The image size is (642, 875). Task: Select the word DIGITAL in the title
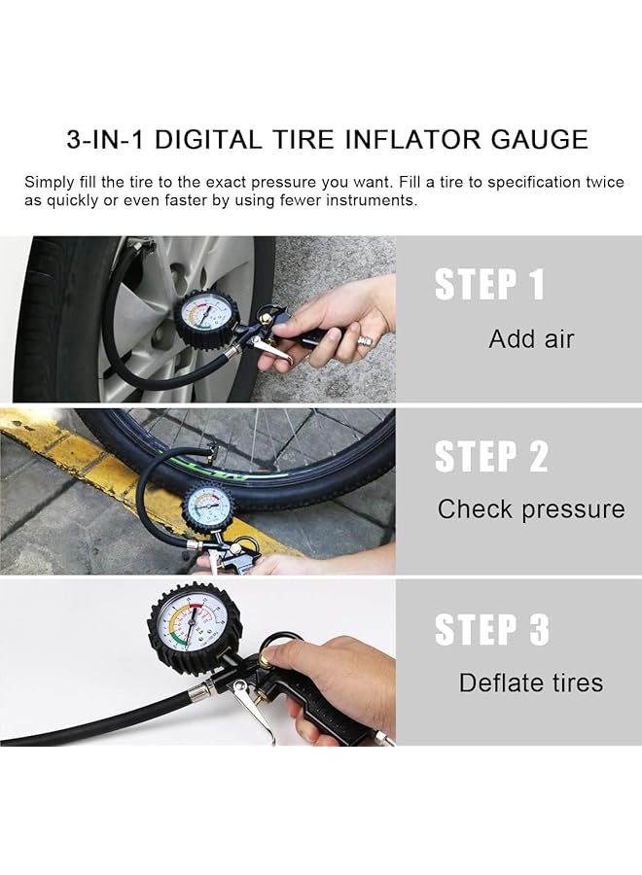point(207,139)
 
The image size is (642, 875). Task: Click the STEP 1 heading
point(489,285)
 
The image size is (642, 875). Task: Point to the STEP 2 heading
point(491,456)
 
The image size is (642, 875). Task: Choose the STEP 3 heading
point(491,629)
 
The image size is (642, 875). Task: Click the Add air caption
point(531,339)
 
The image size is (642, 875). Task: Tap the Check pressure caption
point(531,509)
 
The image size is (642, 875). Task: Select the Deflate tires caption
point(531,682)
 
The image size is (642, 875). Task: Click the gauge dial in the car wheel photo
point(206,319)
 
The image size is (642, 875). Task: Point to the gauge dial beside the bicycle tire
point(208,506)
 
